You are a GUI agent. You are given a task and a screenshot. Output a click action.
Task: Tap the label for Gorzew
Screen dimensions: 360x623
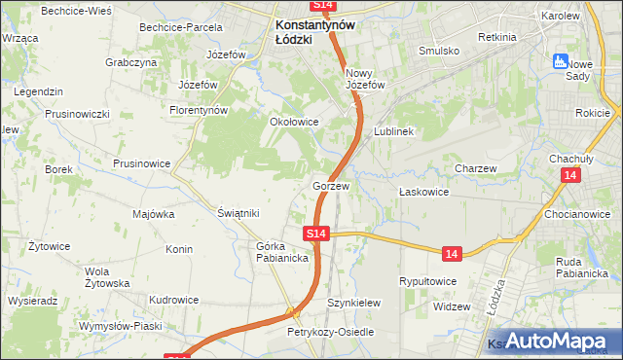pyautogui.click(x=331, y=185)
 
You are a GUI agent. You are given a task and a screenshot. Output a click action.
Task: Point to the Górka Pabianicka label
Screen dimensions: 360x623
pyautogui.click(x=282, y=252)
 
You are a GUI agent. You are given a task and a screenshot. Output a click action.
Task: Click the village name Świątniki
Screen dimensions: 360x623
pyautogui.click(x=238, y=213)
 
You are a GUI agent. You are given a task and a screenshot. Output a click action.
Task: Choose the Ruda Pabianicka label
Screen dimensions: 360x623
pyautogui.click(x=582, y=268)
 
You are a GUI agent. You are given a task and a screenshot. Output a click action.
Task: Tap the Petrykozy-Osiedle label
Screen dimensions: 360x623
pyautogui.click(x=330, y=332)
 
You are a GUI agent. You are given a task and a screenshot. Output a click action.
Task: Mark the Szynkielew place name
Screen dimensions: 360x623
pyautogui.click(x=352, y=303)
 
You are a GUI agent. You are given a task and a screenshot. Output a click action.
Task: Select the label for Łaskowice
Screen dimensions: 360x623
pyautogui.click(x=424, y=192)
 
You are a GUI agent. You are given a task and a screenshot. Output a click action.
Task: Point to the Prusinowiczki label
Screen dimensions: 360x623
pyautogui.click(x=77, y=114)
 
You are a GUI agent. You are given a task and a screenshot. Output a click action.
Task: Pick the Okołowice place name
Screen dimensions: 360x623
pyautogui.click(x=294, y=123)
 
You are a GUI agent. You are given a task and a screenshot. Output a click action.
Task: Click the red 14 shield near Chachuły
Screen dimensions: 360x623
pyautogui.click(x=570, y=175)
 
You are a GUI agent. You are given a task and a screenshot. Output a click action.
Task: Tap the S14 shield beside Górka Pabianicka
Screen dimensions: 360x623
pyautogui.click(x=315, y=234)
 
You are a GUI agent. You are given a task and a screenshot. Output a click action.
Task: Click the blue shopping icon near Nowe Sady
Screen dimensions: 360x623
pyautogui.click(x=560, y=61)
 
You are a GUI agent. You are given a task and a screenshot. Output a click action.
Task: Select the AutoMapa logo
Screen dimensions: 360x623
pyautogui.click(x=559, y=341)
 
